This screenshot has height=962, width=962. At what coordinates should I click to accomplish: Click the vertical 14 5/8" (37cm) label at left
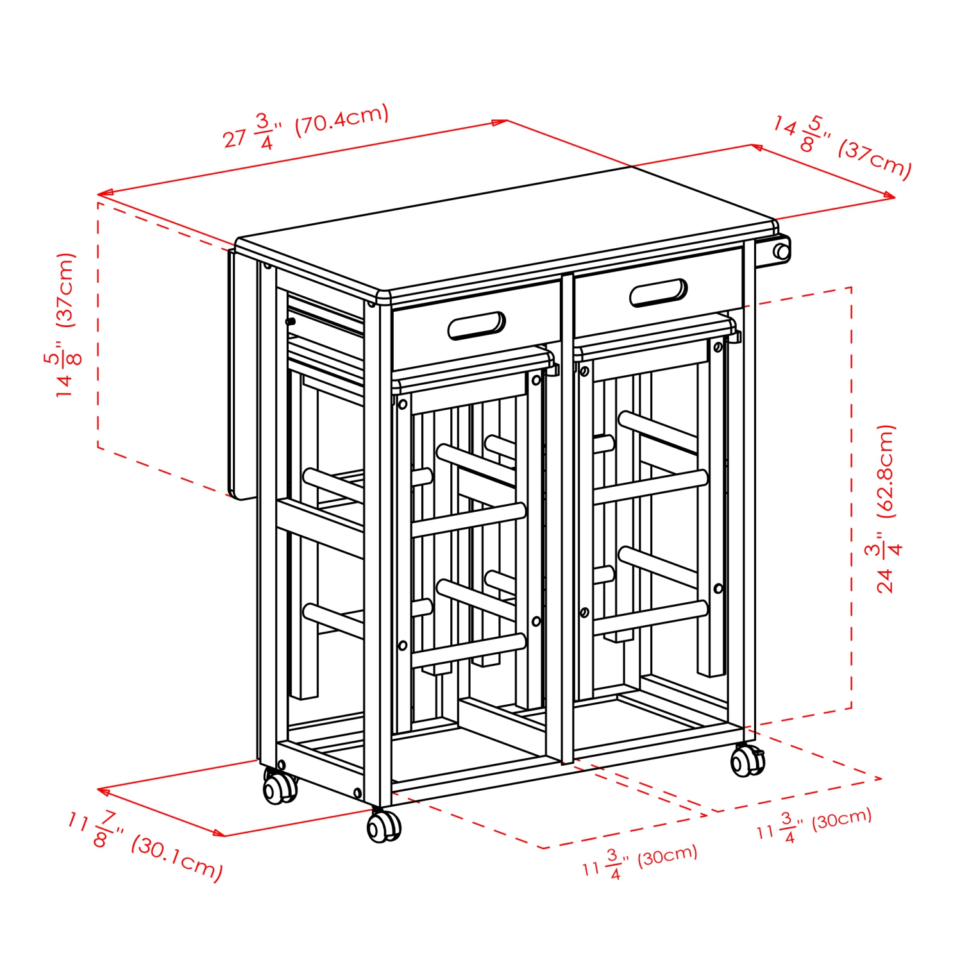click(64, 325)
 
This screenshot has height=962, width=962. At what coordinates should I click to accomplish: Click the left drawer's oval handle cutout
click(476, 326)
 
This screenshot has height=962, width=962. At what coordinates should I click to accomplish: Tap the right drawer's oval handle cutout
click(658, 293)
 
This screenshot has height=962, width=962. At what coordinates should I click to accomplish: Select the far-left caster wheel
click(280, 787)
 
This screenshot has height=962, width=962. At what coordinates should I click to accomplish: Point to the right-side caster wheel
click(747, 761)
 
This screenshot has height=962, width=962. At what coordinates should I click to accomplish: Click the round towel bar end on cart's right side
click(781, 251)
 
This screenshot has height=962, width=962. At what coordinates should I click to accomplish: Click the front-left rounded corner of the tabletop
click(384, 297)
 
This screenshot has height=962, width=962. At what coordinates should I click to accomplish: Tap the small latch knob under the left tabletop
click(291, 321)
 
